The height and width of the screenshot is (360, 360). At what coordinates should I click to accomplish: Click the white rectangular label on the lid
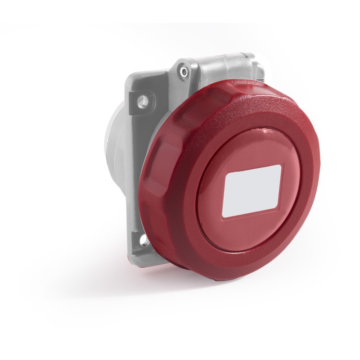(x=253, y=190)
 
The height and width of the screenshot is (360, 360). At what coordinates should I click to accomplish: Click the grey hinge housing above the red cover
(x=225, y=67)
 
